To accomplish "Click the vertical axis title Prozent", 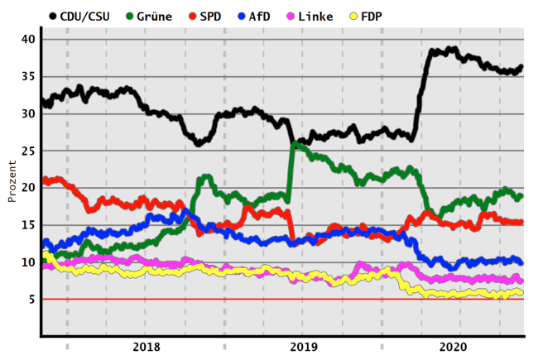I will pos(12,180).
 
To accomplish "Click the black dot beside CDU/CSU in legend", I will pos(54,16).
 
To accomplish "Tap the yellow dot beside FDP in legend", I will pos(376,16).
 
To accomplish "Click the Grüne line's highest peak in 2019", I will pos(294,145).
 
